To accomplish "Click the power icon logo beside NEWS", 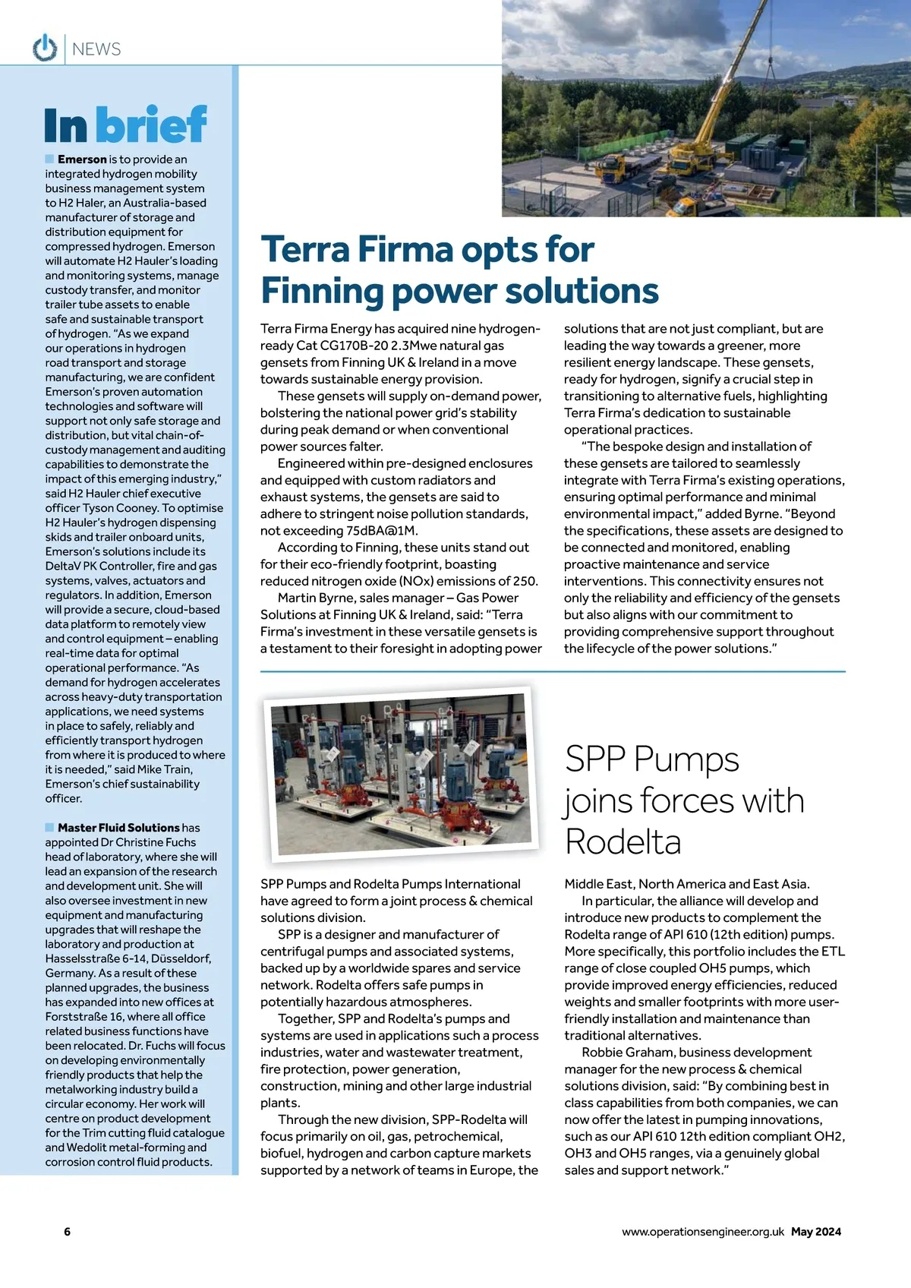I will [x=45, y=48].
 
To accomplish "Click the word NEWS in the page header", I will [x=96, y=49].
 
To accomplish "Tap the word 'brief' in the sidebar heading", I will [x=152, y=125].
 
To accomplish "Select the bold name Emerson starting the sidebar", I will [x=82, y=159].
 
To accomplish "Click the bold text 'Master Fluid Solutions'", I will [x=118, y=828].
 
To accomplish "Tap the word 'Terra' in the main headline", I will [x=304, y=249].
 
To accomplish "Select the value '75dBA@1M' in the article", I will [x=381, y=531].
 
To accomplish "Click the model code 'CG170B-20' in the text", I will [x=354, y=346].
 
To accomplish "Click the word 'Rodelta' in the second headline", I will [x=623, y=842].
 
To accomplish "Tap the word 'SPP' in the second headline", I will [x=594, y=759].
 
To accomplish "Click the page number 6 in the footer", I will [x=67, y=1232].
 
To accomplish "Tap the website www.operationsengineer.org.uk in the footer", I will [x=702, y=1232].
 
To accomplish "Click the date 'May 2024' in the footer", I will [x=815, y=1232].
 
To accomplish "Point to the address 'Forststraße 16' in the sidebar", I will [x=84, y=1017].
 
